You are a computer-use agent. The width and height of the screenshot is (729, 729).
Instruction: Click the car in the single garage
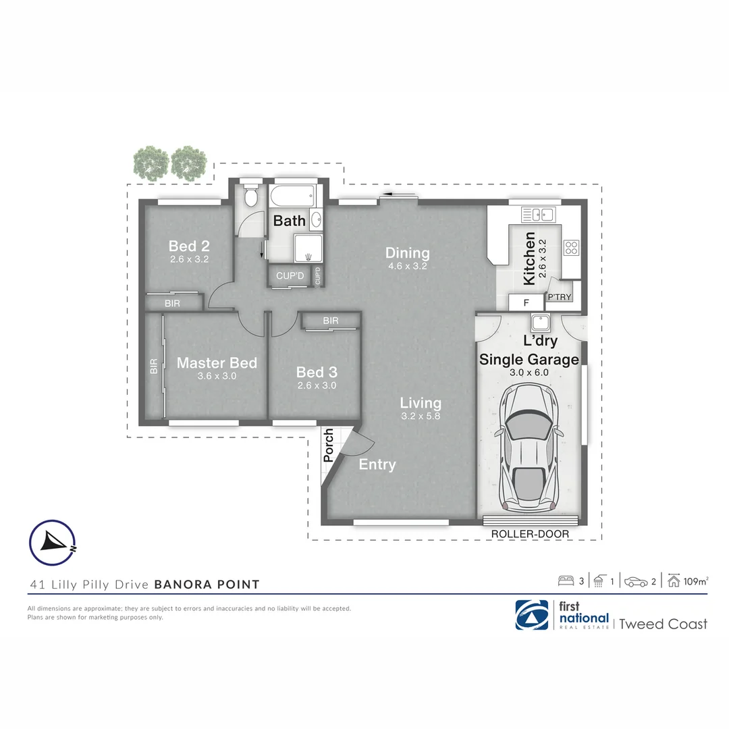(x=530, y=448)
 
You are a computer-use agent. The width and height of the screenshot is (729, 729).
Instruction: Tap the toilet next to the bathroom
(x=250, y=197)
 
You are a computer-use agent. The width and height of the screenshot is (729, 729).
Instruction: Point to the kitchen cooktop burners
(x=571, y=248)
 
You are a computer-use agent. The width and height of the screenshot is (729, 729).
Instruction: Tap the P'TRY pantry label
(x=559, y=298)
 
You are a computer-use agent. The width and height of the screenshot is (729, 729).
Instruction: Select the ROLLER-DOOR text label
(x=530, y=534)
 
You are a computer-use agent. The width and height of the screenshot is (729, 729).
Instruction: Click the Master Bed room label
(x=217, y=363)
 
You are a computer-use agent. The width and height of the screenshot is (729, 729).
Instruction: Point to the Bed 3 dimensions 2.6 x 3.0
(x=317, y=385)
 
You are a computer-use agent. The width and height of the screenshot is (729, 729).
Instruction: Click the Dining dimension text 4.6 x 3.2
(x=407, y=266)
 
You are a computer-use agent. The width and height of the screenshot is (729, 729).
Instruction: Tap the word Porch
(x=329, y=446)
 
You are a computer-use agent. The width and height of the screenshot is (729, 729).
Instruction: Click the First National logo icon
(x=531, y=615)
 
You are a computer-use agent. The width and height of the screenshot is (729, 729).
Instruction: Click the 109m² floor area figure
(x=695, y=581)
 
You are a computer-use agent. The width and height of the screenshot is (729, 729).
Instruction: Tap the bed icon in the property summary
(x=566, y=581)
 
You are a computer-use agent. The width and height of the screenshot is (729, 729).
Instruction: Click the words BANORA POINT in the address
(x=207, y=585)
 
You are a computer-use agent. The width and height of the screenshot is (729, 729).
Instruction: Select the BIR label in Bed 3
(x=330, y=321)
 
